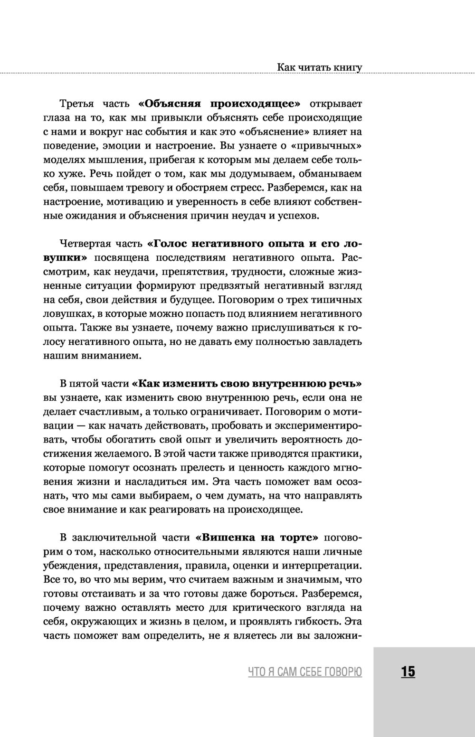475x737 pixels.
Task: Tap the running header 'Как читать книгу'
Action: pyautogui.click(x=320, y=67)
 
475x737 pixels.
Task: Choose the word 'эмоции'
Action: pyautogui.click(x=111, y=145)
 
